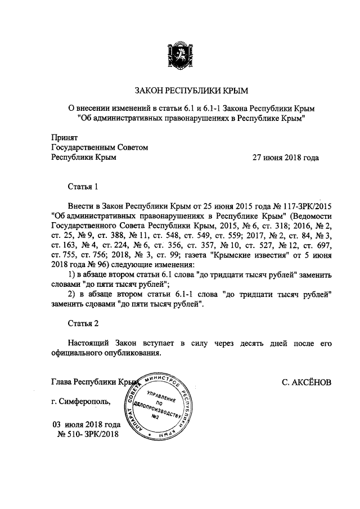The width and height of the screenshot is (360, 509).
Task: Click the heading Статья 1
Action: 83,185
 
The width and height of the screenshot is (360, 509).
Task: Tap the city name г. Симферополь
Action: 81,402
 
